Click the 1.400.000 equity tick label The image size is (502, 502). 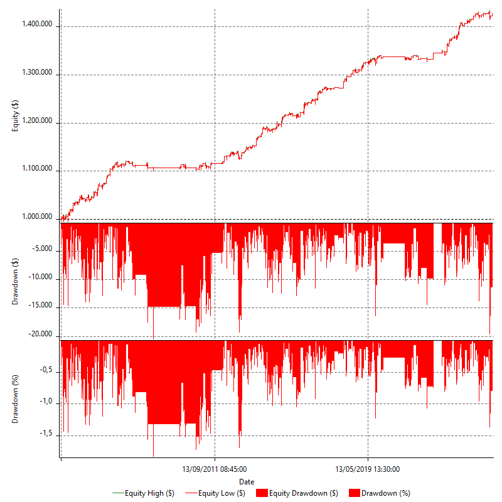click(36, 24)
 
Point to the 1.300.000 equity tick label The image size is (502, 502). click(36, 73)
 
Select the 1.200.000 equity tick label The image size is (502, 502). click(36, 121)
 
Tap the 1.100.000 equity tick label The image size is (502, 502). click(36, 169)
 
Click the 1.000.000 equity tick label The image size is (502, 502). click(36, 217)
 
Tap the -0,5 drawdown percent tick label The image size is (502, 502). click(44, 371)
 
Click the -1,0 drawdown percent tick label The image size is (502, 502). click(44, 402)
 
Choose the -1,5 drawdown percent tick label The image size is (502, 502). click(44, 434)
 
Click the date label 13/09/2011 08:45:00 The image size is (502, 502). click(215, 469)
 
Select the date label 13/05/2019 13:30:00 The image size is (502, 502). click(368, 469)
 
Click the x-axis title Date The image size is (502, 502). click(247, 481)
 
